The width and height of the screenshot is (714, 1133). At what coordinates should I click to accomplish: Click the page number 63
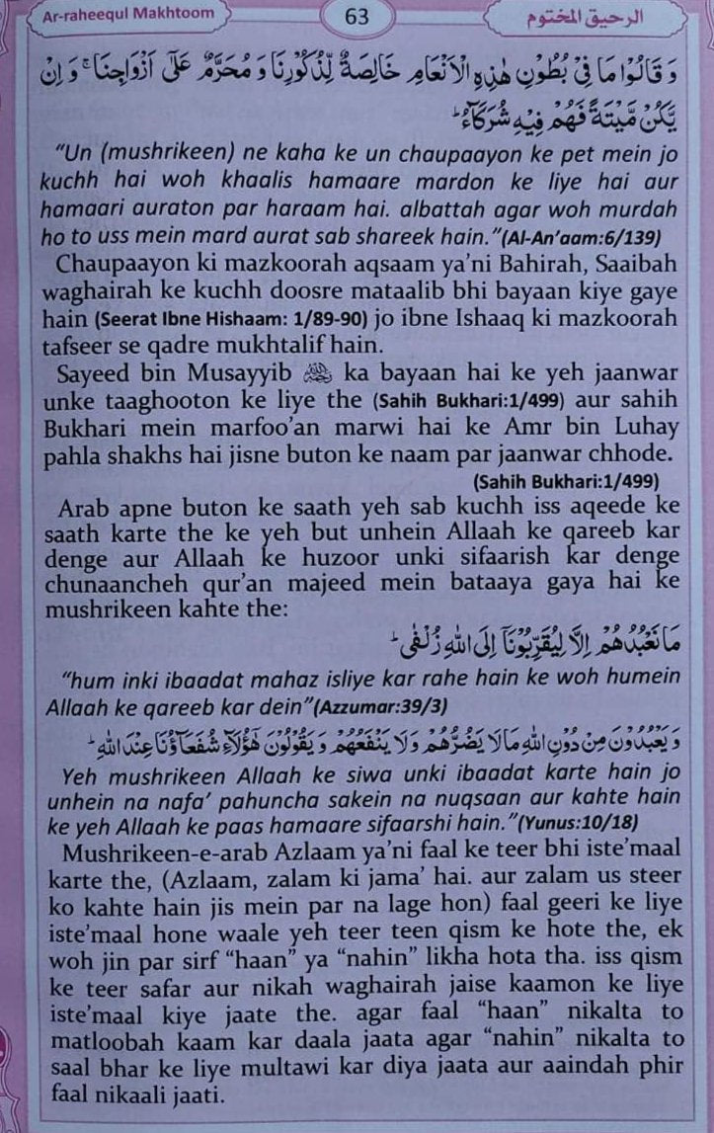pyautogui.click(x=357, y=17)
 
